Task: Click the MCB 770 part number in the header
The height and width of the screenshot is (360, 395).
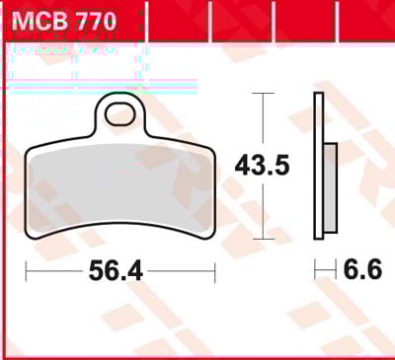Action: point(64,21)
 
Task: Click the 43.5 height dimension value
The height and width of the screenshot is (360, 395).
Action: point(263,166)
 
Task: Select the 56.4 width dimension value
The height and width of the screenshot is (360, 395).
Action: point(116,271)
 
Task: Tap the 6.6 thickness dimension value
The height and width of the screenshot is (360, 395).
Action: point(362,269)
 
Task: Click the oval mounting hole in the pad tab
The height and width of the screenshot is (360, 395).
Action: point(120,113)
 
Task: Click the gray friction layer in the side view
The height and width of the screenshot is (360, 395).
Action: point(330,187)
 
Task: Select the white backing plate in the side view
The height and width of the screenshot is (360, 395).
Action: point(319,166)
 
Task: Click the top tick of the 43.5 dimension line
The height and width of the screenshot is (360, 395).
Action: point(263,94)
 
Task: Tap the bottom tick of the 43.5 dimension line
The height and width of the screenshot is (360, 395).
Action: point(263,239)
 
